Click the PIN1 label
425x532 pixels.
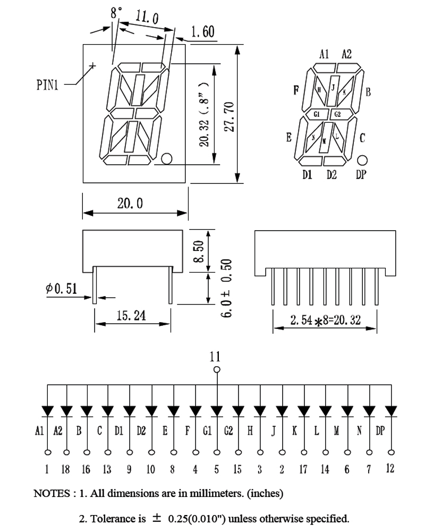coord(47,85)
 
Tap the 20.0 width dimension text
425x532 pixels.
coord(130,204)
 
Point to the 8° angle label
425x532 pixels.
coord(116,13)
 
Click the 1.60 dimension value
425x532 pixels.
coord(202,32)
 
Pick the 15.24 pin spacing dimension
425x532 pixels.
coord(131,316)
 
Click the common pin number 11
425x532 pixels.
coord(215,356)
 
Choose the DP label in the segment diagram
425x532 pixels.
coord(361,175)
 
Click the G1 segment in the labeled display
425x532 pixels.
coord(317,114)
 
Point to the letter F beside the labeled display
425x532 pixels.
coord(296,90)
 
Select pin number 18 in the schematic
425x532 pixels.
coord(66,469)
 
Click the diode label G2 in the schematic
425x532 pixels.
coord(228,430)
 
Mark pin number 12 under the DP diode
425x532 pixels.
coord(390,469)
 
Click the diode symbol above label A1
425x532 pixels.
coord(47,411)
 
